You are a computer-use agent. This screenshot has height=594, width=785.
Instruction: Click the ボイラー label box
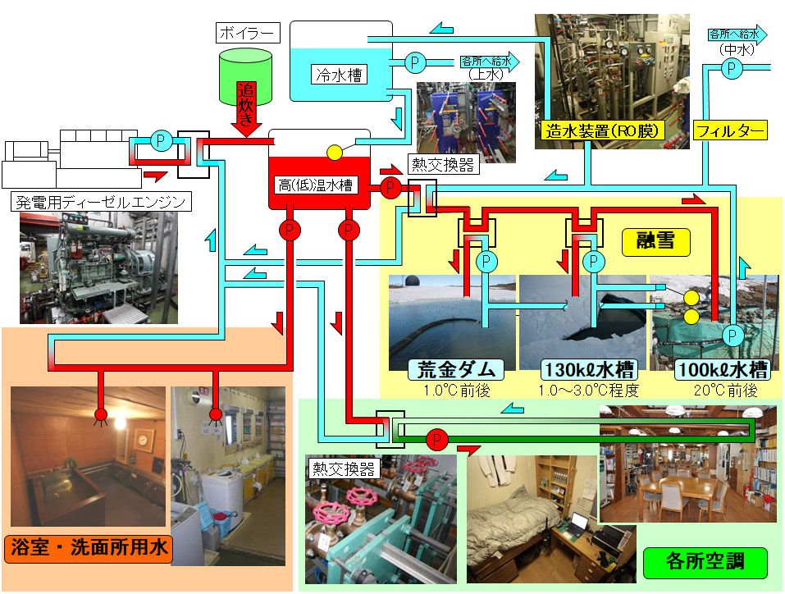click(x=248, y=34)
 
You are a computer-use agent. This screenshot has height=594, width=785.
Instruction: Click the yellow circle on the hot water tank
click(x=335, y=153)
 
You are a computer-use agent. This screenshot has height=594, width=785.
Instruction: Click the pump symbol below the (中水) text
click(x=730, y=71)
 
